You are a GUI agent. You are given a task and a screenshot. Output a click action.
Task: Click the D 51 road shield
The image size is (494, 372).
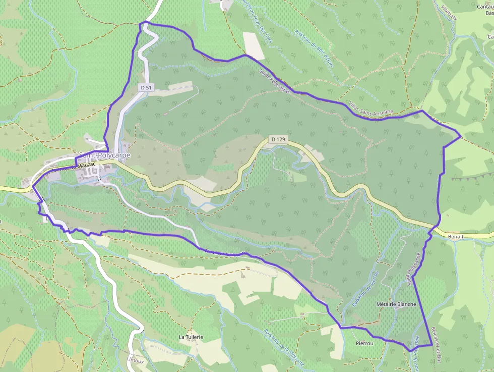coord(146,87)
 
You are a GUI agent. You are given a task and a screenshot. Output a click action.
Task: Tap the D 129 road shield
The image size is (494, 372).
coord(278,139)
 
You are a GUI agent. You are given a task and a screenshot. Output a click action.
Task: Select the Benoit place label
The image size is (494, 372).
coord(455,236)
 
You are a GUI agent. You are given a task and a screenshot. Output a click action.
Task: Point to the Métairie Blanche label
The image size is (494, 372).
coord(396,304)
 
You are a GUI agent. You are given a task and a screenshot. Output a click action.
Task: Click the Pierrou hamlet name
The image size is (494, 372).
coord(364,343)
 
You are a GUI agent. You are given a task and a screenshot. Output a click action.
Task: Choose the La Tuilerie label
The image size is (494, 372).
coord(191,337)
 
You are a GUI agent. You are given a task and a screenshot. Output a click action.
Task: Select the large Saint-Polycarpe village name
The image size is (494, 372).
coord(104,155)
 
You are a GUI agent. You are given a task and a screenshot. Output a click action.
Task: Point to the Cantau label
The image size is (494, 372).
coord(485,7)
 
